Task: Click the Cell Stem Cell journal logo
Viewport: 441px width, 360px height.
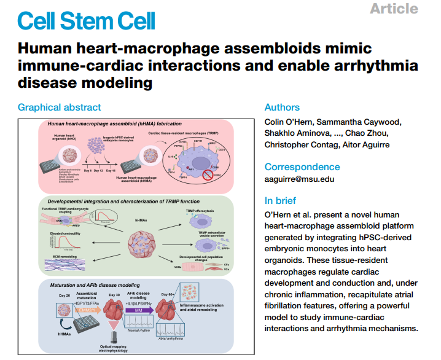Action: [87, 20]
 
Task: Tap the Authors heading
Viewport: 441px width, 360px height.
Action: [282, 107]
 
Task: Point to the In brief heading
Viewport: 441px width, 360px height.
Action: [280, 200]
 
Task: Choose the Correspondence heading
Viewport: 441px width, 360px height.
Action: [302, 166]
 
